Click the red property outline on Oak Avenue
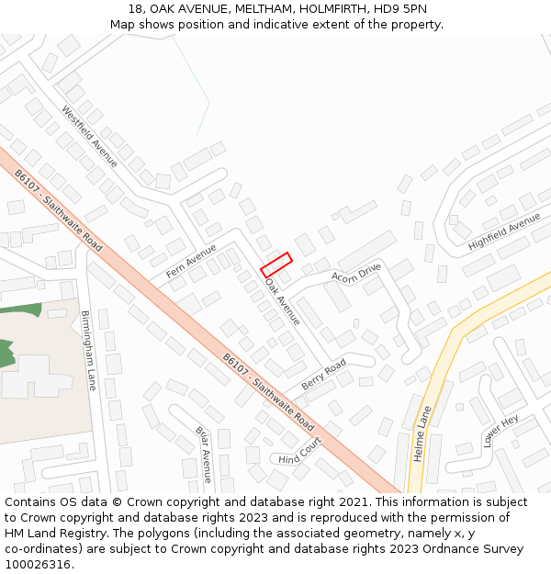click(x=276, y=264)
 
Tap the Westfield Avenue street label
click(x=89, y=137)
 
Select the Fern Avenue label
click(x=191, y=262)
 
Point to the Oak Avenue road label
click(x=283, y=300)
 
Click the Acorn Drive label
click(x=356, y=273)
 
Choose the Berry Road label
click(x=323, y=375)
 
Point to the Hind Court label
click(x=300, y=451)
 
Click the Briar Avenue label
click(x=203, y=454)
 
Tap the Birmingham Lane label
click(x=88, y=350)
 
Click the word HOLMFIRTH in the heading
click(x=311, y=9)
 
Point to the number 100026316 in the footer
click(x=39, y=564)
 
